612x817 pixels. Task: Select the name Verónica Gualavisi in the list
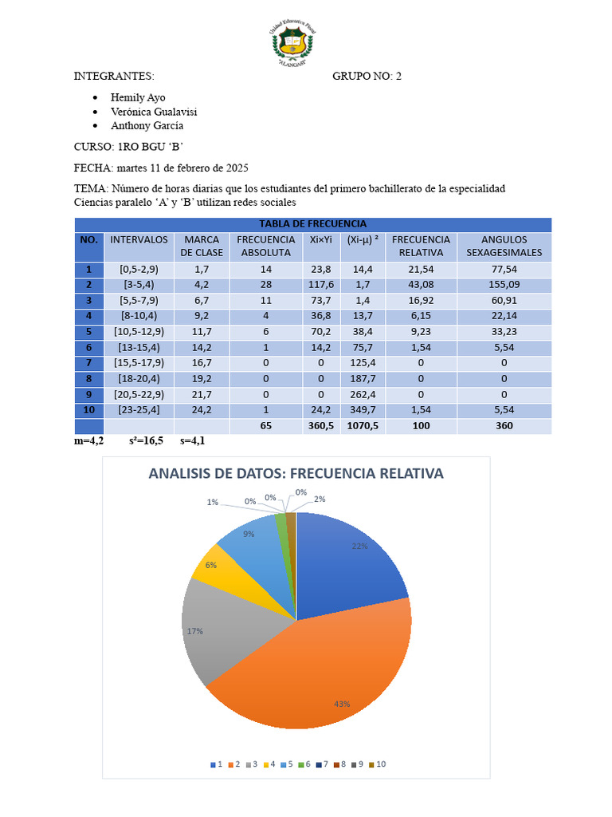click(154, 112)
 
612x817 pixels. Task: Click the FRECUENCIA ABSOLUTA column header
click(266, 246)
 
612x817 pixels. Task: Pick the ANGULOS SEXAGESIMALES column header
click(504, 246)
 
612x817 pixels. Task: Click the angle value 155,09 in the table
click(504, 284)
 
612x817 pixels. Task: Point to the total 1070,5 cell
click(363, 426)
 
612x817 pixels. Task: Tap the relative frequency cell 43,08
click(421, 284)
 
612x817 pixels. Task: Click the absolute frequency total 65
click(266, 426)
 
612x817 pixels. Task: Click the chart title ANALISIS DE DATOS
click(296, 473)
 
